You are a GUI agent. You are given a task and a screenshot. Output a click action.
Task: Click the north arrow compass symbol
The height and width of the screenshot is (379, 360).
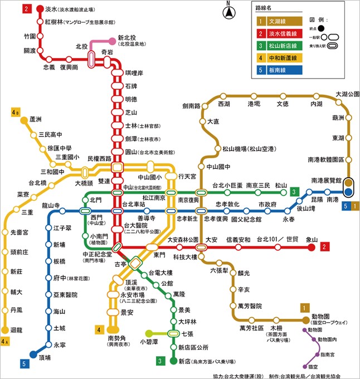tap(227, 12)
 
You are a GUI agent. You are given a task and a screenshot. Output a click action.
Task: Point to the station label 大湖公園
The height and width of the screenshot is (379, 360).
tap(347, 94)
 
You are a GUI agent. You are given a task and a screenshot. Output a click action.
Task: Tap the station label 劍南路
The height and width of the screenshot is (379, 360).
tap(191, 106)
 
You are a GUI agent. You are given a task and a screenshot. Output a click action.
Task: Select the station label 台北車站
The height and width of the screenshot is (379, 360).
tap(134, 204)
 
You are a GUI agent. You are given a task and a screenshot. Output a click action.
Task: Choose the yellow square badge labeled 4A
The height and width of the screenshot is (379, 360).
tap(6, 341)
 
